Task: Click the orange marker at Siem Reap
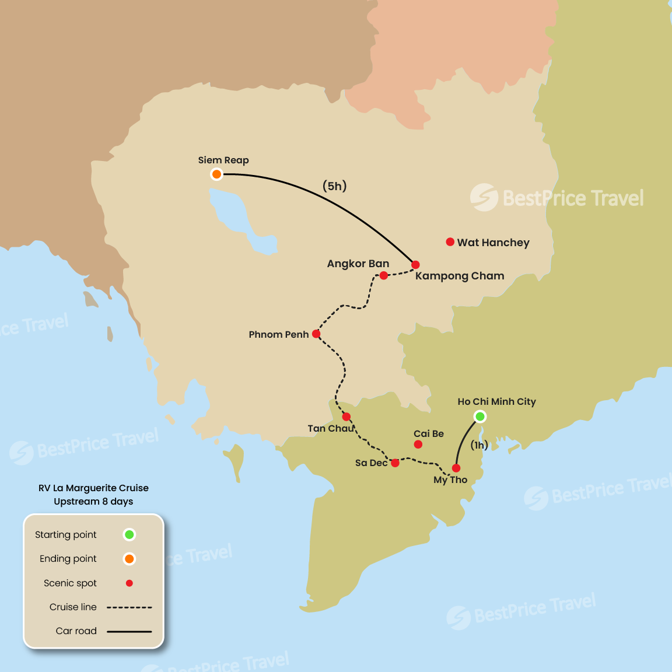click(x=216, y=174)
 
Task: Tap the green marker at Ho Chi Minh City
click(x=480, y=416)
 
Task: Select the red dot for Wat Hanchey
click(x=450, y=242)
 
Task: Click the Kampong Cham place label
click(x=460, y=276)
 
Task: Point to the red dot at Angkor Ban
click(x=383, y=275)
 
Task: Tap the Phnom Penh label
click(x=278, y=334)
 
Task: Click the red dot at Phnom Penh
click(x=316, y=334)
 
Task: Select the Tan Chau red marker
click(x=346, y=416)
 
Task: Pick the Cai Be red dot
click(x=418, y=444)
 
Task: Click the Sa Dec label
click(x=371, y=463)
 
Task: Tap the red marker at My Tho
click(x=456, y=468)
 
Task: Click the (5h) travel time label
click(x=335, y=186)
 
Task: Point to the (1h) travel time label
click(x=479, y=445)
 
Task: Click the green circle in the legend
click(x=129, y=534)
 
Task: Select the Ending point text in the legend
click(x=68, y=559)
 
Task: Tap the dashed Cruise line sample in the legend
click(x=129, y=607)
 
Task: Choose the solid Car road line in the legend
click(x=129, y=631)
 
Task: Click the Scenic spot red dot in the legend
click(x=129, y=583)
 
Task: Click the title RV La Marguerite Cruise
click(x=93, y=488)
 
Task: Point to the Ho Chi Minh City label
click(x=496, y=401)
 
